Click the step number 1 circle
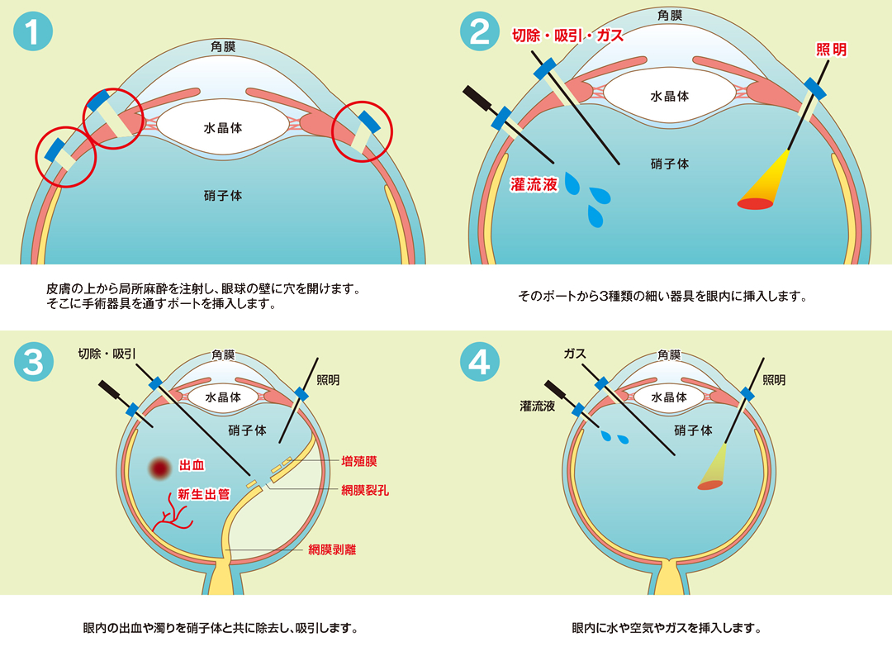[33, 32]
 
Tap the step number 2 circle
[480, 32]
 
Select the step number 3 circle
[33, 363]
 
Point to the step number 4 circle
[480, 363]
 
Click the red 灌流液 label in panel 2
[534, 185]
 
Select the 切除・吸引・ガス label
[567, 36]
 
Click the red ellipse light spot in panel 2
[756, 203]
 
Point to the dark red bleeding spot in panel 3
[159, 468]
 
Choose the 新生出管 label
[204, 494]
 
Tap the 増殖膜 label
[358, 461]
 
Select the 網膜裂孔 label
[364, 490]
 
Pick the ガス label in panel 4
[575, 354]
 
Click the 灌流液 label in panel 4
[537, 407]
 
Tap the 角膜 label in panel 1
[223, 47]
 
